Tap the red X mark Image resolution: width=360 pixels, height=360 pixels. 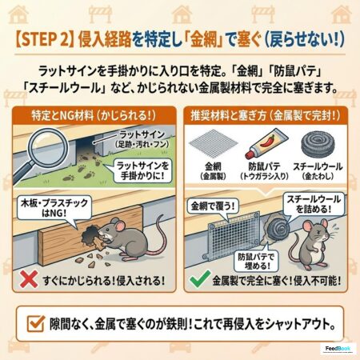click(x=29, y=279)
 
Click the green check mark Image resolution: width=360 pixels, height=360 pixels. click(x=200, y=278)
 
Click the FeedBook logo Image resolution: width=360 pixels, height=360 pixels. click(x=338, y=349)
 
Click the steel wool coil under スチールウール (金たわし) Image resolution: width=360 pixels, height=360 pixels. click(x=318, y=146)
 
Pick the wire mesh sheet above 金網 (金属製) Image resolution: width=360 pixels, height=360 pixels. click(x=214, y=145)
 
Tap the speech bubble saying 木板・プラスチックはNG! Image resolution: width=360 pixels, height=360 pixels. click(x=54, y=208)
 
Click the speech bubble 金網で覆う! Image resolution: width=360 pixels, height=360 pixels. click(x=213, y=206)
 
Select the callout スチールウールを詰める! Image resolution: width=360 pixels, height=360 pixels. click(x=314, y=204)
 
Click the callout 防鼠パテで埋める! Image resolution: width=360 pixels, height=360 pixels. click(x=256, y=261)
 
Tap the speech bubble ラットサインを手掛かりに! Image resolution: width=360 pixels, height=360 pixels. click(x=142, y=170)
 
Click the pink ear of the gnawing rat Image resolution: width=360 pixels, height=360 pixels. click(x=120, y=226)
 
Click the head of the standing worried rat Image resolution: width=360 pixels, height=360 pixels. click(x=317, y=231)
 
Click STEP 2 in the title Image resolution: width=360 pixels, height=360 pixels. click(x=44, y=39)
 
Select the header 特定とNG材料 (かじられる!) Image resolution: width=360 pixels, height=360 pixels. click(x=94, y=116)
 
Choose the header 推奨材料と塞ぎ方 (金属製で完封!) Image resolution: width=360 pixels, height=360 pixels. click(x=266, y=116)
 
